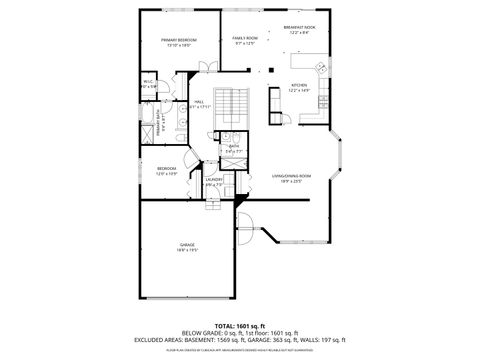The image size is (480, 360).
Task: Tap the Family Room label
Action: [246, 40]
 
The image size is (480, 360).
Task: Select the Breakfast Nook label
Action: [299, 30]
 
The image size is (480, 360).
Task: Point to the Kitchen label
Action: [298, 87]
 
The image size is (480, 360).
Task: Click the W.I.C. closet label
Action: [148, 84]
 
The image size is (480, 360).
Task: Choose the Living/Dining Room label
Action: [292, 177]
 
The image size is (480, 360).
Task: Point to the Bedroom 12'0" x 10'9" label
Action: [166, 171]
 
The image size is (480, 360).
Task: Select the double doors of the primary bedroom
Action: [206, 66]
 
